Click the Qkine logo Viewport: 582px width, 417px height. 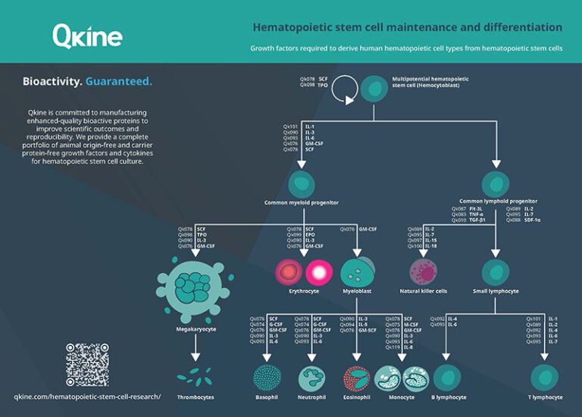(87, 35)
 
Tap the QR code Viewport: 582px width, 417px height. (88, 365)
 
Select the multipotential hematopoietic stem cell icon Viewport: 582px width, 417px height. (374, 89)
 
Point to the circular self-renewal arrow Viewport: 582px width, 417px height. (344, 89)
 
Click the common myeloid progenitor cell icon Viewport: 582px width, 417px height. (302, 183)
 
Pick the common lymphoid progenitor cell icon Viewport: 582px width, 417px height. (497, 184)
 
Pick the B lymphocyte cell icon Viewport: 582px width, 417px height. (447, 378)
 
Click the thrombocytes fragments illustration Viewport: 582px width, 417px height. (195, 376)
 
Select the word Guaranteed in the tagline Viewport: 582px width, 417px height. (118, 81)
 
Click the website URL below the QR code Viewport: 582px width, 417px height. (87, 396)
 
